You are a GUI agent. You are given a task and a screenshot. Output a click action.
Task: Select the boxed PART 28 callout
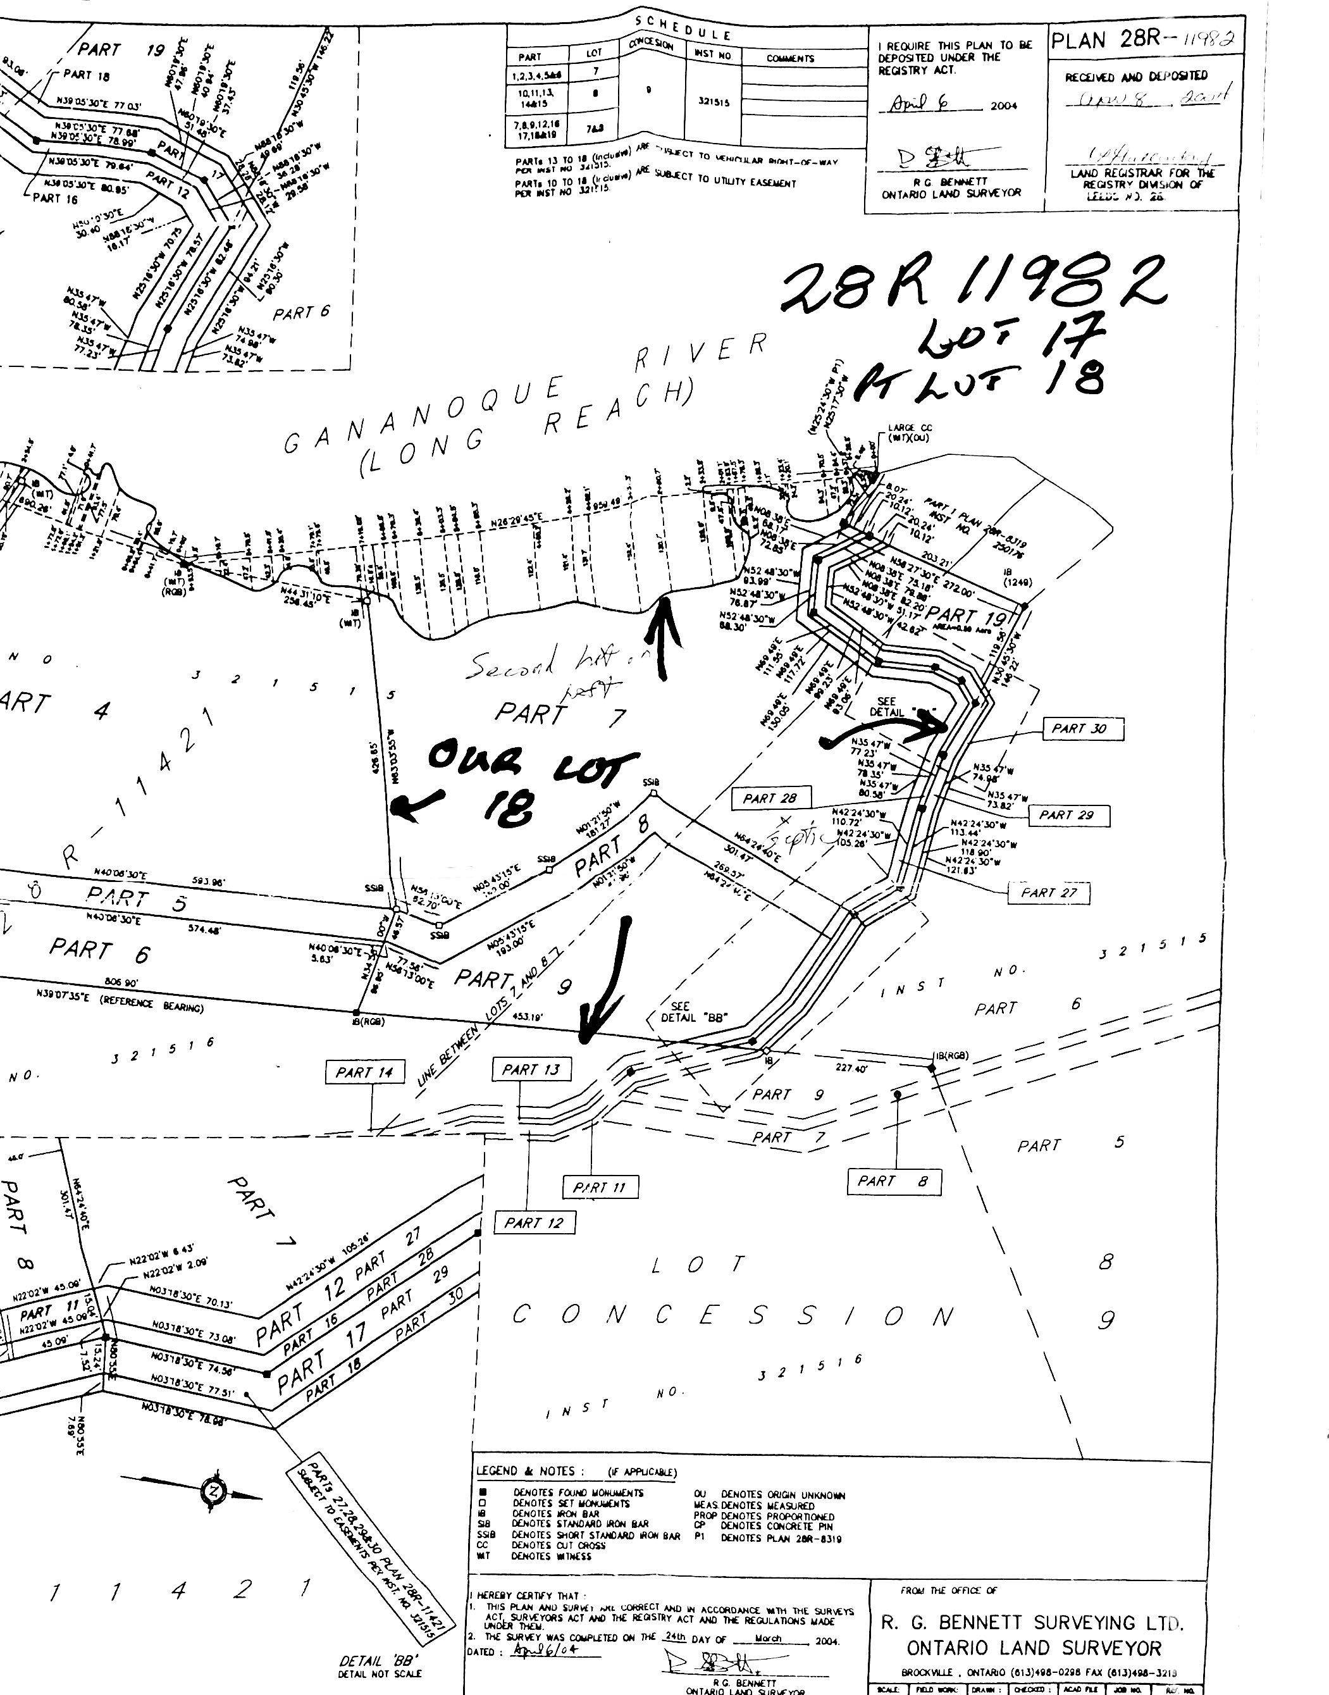[x=770, y=798]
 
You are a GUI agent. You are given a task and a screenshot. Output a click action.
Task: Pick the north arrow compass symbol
[x=213, y=1491]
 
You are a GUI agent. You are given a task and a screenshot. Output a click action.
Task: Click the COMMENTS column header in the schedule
[x=790, y=58]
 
